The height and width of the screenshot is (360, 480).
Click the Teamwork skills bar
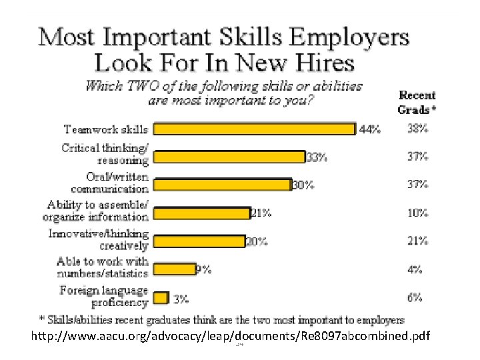tap(255, 129)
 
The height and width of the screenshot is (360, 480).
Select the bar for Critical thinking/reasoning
tap(229, 157)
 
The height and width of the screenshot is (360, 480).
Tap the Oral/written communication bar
tap(222, 185)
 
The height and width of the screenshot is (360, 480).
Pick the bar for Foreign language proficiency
tap(161, 298)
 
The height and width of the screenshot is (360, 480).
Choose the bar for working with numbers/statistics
tap(175, 269)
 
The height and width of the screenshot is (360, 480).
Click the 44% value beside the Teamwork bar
tap(370, 129)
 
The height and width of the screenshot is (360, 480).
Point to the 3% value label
tap(181, 299)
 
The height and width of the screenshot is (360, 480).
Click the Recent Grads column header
tap(417, 102)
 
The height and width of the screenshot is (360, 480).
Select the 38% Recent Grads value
tap(417, 129)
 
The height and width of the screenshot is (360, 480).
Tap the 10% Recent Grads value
tap(417, 213)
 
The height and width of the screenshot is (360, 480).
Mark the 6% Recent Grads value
tap(415, 297)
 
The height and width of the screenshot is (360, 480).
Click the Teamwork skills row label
tap(106, 129)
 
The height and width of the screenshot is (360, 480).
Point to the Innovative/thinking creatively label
tap(98, 240)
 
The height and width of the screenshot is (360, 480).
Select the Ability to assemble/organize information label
tap(96, 211)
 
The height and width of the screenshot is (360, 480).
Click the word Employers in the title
tap(349, 38)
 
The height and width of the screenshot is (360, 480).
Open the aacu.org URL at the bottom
tap(231, 336)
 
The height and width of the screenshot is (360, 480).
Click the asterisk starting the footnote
tap(42, 319)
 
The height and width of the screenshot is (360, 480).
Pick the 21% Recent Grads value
tap(417, 241)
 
